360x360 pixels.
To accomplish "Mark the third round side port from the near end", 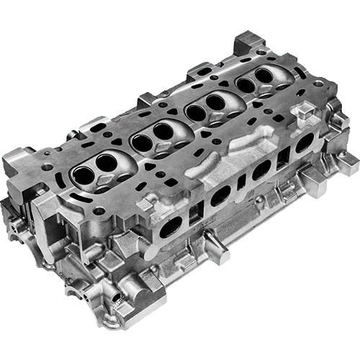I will click(261, 169).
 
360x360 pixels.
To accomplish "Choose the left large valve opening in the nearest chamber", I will click(81, 174).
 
